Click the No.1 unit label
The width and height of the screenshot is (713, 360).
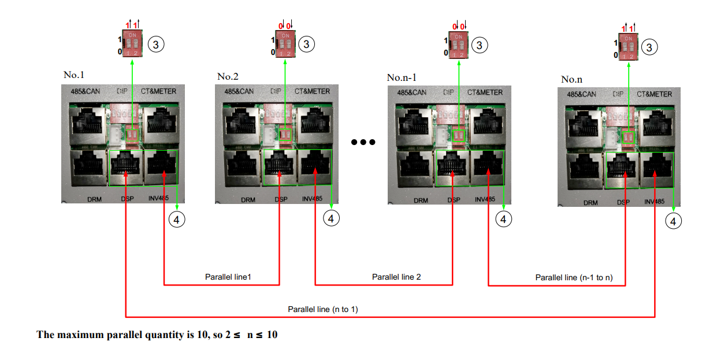(x=74, y=75)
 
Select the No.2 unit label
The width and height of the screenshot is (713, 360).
(x=228, y=76)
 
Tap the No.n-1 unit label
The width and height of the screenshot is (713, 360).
(x=402, y=77)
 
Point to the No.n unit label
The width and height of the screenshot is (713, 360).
(x=572, y=79)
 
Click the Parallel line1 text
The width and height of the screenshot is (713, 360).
(x=228, y=277)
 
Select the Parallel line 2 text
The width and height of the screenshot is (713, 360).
(x=396, y=277)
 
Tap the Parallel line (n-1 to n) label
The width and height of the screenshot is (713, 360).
(x=574, y=277)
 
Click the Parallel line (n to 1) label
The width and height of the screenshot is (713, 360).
(x=323, y=310)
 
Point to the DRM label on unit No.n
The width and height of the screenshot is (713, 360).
(x=590, y=203)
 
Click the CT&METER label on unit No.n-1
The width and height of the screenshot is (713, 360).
(x=485, y=92)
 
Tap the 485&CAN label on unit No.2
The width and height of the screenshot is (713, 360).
(x=239, y=91)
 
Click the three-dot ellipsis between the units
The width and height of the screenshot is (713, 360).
(x=363, y=142)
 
